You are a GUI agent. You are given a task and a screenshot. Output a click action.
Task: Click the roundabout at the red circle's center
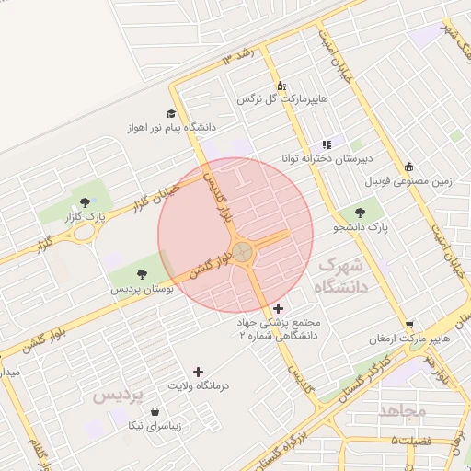(243, 251)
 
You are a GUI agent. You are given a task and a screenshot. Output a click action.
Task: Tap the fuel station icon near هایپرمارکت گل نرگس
(280, 85)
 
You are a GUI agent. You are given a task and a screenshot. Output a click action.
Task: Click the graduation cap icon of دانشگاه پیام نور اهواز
(171, 112)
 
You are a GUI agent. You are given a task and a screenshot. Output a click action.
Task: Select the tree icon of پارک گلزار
(86, 201)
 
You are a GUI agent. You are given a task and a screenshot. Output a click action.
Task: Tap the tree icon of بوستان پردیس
(142, 273)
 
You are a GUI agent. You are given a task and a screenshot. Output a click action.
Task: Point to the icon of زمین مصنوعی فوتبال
(409, 167)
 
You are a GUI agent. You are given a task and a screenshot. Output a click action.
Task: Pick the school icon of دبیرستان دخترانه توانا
(326, 144)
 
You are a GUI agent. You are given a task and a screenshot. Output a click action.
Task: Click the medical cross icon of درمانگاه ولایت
(198, 371)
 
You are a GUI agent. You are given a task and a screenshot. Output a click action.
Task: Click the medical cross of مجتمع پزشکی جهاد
(279, 308)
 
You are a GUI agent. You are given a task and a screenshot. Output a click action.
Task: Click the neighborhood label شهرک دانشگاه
(339, 275)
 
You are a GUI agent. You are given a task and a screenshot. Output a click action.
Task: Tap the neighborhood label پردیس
(119, 395)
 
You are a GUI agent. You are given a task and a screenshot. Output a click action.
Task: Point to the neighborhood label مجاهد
(402, 409)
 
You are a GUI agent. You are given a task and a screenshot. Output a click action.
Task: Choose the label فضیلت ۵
(411, 442)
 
